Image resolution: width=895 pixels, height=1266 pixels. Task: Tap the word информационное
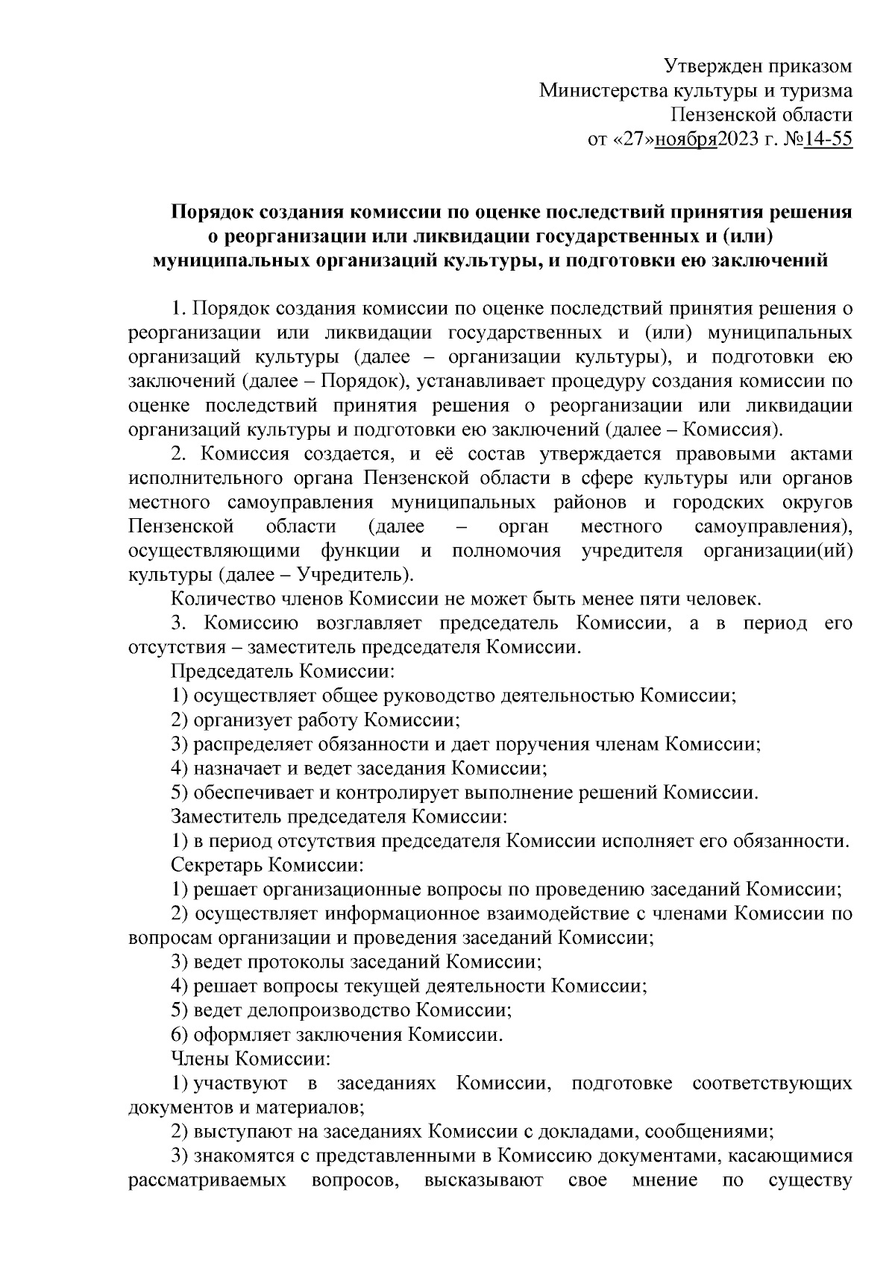(x=399, y=913)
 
